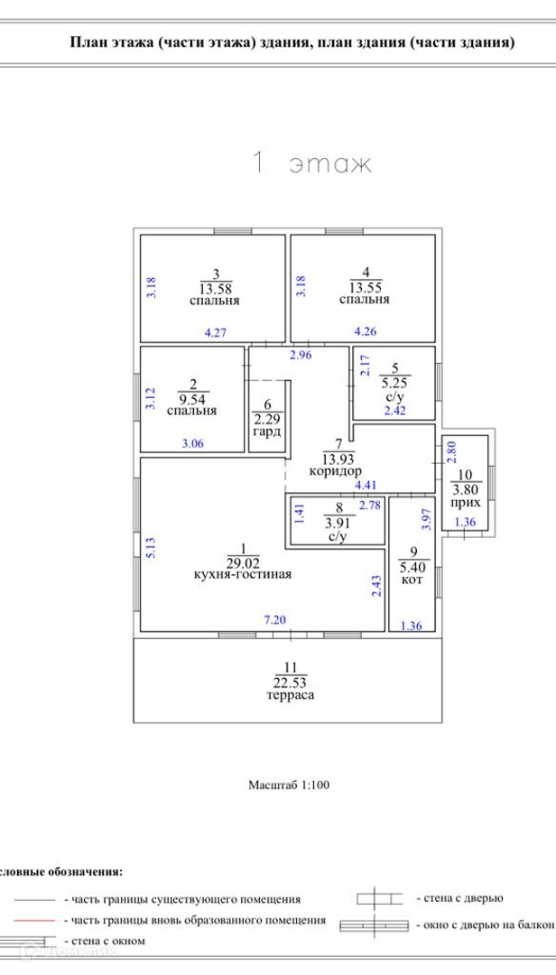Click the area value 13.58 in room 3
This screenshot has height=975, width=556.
click(x=215, y=288)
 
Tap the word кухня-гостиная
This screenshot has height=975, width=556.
click(x=242, y=573)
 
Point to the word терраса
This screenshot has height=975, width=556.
click(x=290, y=695)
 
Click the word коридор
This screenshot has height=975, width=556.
click(x=336, y=470)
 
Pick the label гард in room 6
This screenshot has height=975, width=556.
click(x=267, y=432)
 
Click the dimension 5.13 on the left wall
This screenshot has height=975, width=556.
click(x=151, y=547)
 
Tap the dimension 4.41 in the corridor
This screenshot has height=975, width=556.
click(x=365, y=485)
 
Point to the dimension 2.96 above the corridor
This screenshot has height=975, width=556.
click(x=300, y=355)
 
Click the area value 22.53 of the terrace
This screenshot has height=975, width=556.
click(x=290, y=682)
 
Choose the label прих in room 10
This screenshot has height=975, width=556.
click(x=465, y=501)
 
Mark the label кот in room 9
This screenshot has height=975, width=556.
click(x=412, y=579)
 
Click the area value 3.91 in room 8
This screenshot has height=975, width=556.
click(x=338, y=523)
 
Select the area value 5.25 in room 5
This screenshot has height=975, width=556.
click(x=395, y=382)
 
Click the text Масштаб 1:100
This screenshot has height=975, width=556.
click(x=289, y=785)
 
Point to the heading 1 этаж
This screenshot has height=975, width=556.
click(x=310, y=163)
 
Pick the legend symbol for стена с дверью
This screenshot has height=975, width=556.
click(x=379, y=898)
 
